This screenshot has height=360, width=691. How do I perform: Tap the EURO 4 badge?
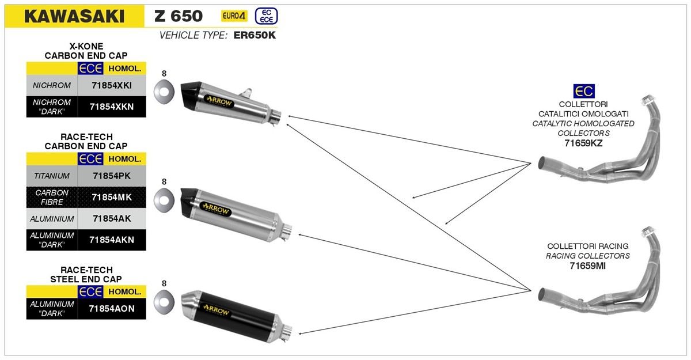click(234, 16)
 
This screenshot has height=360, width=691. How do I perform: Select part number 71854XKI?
click(112, 85)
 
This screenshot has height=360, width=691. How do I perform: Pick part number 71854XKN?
click(112, 107)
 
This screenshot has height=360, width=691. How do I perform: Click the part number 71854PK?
click(112, 176)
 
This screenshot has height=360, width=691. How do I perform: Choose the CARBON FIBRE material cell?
click(52, 197)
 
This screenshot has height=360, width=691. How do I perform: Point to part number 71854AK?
click(112, 219)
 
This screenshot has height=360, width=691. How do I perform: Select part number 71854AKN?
click(112, 240)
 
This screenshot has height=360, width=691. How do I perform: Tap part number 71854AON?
click(112, 309)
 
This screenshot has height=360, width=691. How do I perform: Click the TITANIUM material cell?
click(52, 176)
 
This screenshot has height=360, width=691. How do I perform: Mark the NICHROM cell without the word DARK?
click(52, 85)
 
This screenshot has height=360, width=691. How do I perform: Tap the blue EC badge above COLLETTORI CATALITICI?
click(583, 90)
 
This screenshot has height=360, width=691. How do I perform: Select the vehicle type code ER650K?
click(255, 36)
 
